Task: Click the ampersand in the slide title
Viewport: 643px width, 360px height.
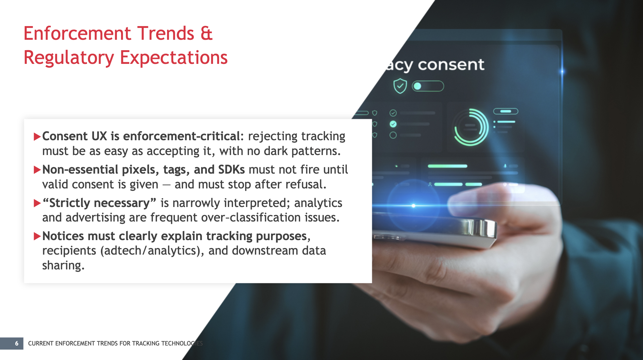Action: tap(207, 33)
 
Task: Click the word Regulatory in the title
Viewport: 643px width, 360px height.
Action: tap(69, 57)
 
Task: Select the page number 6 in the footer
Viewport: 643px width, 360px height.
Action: tap(17, 343)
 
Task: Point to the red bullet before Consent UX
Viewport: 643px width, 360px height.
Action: tap(37, 136)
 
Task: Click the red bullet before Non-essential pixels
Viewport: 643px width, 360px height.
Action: tap(37, 170)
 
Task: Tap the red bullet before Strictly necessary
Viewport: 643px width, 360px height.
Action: tap(37, 203)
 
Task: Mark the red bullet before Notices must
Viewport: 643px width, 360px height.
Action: tap(37, 236)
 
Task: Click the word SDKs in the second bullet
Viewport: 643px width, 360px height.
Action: tap(231, 170)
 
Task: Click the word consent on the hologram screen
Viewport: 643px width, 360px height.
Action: tap(451, 65)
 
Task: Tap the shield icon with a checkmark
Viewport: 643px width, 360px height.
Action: tap(400, 86)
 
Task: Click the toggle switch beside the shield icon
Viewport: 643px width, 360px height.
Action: tap(428, 86)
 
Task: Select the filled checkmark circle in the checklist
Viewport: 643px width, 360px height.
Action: tap(393, 124)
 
